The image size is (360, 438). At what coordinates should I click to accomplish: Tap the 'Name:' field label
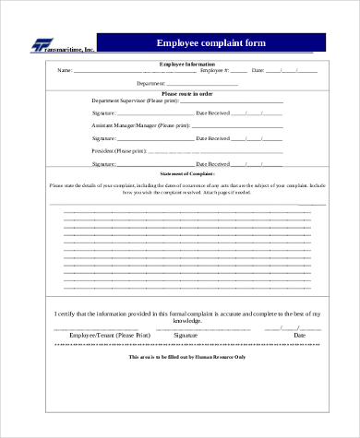[64, 70]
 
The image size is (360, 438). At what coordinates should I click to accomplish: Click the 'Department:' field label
[162, 83]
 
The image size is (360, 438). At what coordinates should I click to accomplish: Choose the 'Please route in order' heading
[187, 93]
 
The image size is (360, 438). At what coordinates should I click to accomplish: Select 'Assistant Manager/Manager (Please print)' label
[141, 124]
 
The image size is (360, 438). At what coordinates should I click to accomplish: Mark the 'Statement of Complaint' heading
[187, 173]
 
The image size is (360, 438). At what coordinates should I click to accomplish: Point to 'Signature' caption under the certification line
[186, 335]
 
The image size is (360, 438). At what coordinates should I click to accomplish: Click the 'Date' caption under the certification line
[283, 335]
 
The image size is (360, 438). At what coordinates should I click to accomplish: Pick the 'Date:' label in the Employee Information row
[258, 70]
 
